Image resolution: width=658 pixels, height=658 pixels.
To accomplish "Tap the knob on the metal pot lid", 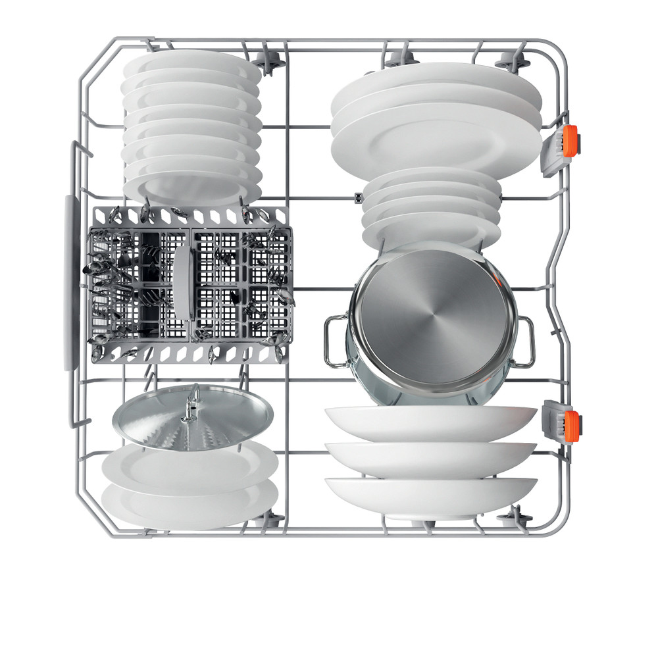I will click(x=192, y=401).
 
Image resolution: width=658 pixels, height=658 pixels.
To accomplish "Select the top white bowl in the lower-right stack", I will click(x=431, y=421).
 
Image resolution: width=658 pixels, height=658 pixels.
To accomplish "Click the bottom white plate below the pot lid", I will click(x=191, y=503).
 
